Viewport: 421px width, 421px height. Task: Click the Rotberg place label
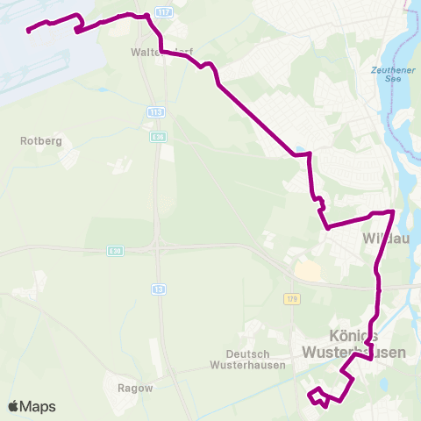pos(39,139)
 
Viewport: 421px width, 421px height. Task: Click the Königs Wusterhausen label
pos(354,343)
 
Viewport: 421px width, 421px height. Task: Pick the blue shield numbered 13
pos(159,289)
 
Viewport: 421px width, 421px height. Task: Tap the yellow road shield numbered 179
pos(292,300)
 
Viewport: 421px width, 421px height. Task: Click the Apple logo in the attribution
pos(13,407)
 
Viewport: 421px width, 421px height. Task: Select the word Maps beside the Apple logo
pos(38,407)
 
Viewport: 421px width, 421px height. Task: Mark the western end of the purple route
pos(29,32)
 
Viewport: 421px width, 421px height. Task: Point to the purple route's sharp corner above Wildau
pos(392,212)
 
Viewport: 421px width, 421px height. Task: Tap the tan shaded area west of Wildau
pos(307,271)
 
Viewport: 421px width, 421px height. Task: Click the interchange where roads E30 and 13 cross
pos(158,247)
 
